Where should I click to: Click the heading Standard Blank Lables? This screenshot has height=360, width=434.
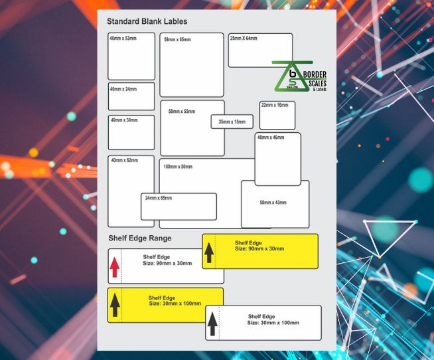[147, 21]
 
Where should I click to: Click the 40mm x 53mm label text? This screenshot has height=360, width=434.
[123, 39]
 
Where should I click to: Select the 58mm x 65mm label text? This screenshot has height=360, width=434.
[178, 40]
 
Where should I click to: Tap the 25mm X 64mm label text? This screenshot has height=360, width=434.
[244, 39]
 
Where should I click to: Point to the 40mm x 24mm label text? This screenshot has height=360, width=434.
[123, 88]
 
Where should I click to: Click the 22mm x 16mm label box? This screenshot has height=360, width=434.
[277, 116]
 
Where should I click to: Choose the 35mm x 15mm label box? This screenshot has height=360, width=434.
[232, 122]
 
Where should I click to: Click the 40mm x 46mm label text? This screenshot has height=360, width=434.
[271, 137]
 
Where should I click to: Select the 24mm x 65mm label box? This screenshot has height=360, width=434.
[179, 207]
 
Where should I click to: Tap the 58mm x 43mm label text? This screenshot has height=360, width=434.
[273, 202]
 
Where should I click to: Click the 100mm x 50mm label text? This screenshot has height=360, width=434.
[179, 166]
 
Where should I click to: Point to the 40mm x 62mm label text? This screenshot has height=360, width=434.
[124, 160]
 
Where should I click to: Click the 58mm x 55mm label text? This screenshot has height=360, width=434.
[182, 112]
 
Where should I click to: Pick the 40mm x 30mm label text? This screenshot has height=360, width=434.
[124, 120]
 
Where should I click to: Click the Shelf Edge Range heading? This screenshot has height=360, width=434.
[140, 238]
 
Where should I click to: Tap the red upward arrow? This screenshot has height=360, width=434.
[115, 266]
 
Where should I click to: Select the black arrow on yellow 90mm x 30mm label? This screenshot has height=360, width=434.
[210, 252]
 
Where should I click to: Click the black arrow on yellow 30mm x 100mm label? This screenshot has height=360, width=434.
[115, 305]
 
